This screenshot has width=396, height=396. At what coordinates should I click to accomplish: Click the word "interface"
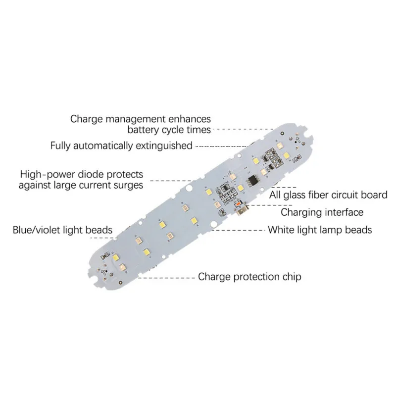click(x=345, y=212)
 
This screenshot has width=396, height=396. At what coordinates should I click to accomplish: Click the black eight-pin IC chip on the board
click(x=253, y=180)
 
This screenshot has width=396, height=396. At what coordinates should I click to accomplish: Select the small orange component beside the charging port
click(x=240, y=203)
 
